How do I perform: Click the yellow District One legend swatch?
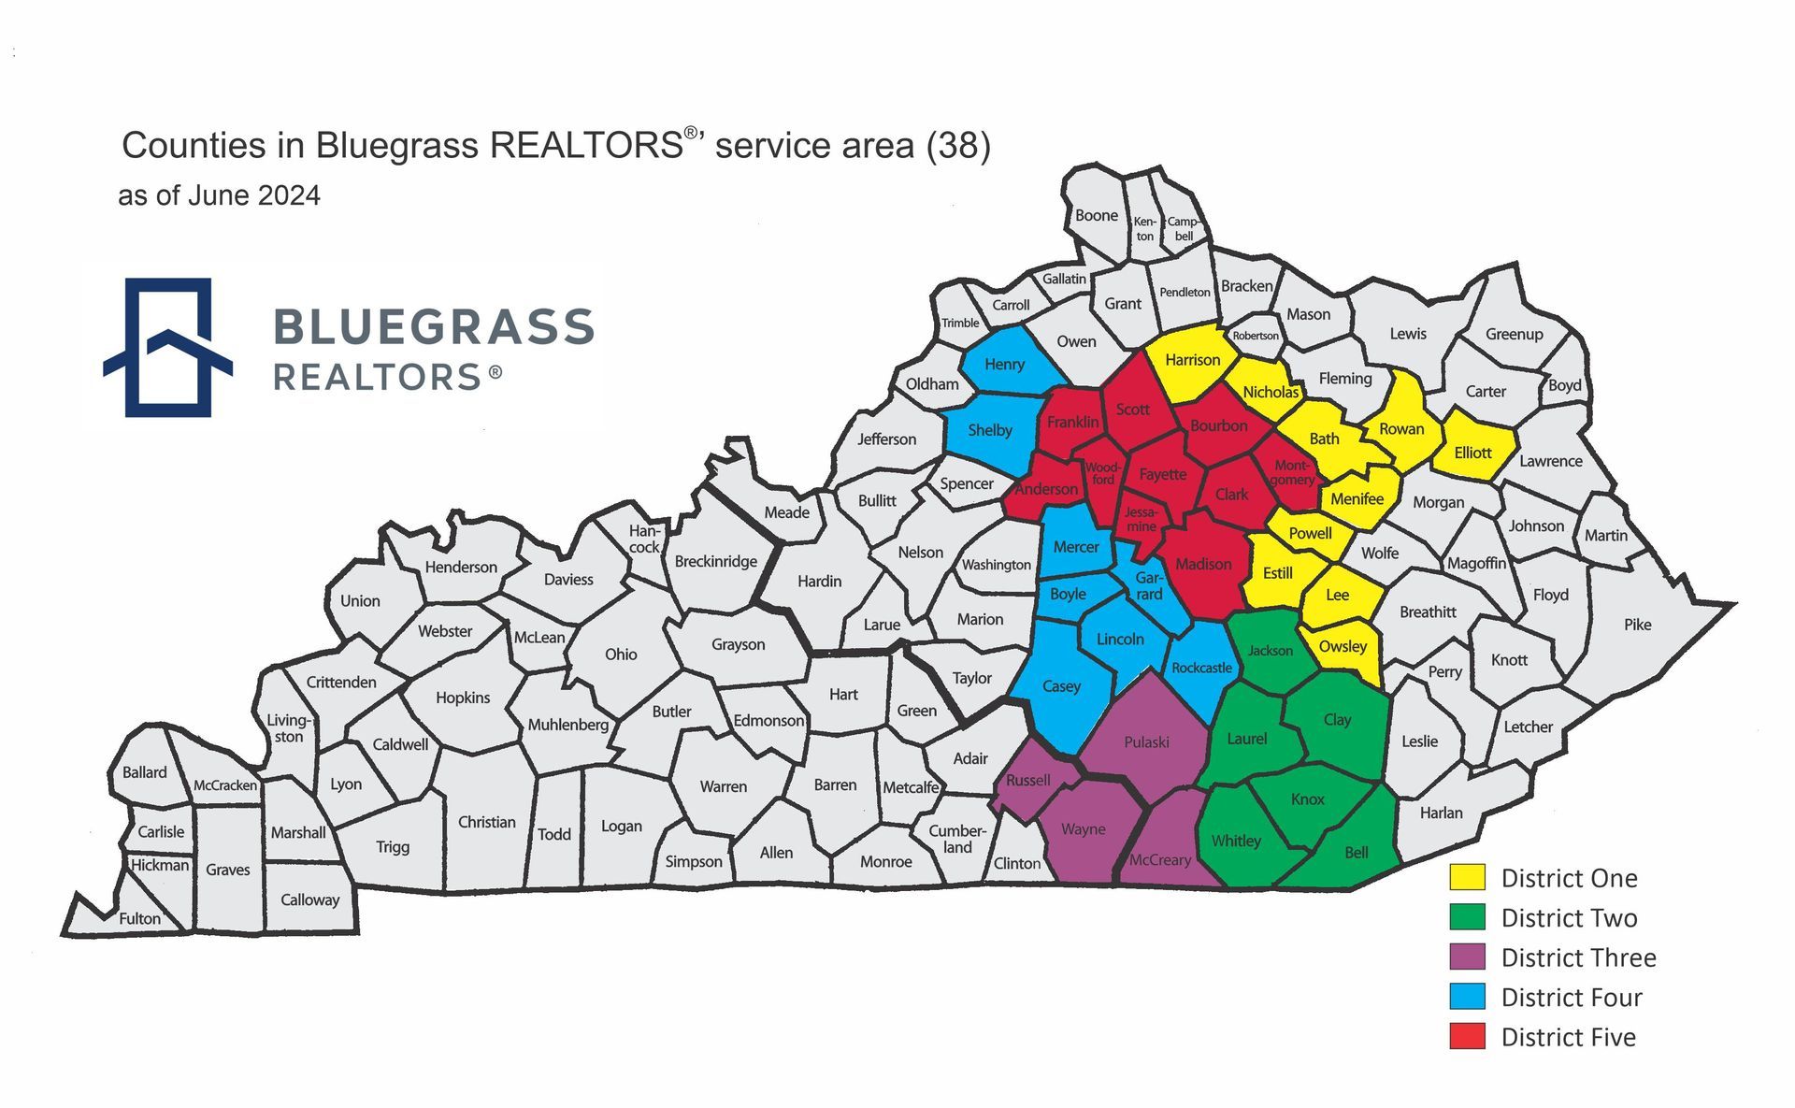point(1467,877)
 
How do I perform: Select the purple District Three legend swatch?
point(1467,957)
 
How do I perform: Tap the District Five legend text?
point(1568,1037)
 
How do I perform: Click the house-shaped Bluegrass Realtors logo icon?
point(168,347)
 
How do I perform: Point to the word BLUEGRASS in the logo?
point(434,327)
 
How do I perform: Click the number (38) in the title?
point(958,146)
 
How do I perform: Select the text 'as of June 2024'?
point(219,195)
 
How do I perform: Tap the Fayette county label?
point(1162,474)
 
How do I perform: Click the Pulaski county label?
point(1146,742)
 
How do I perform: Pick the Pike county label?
point(1637,625)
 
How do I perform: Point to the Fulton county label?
point(139,918)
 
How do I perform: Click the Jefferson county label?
point(886,439)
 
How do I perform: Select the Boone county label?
point(1096,215)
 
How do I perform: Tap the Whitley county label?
point(1236,841)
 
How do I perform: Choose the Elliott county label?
point(1472,453)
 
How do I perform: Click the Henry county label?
point(1004,365)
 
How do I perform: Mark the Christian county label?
point(486,822)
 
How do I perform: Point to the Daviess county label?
point(568,580)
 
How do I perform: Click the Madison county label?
point(1203,564)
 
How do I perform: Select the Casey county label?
point(1061,686)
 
